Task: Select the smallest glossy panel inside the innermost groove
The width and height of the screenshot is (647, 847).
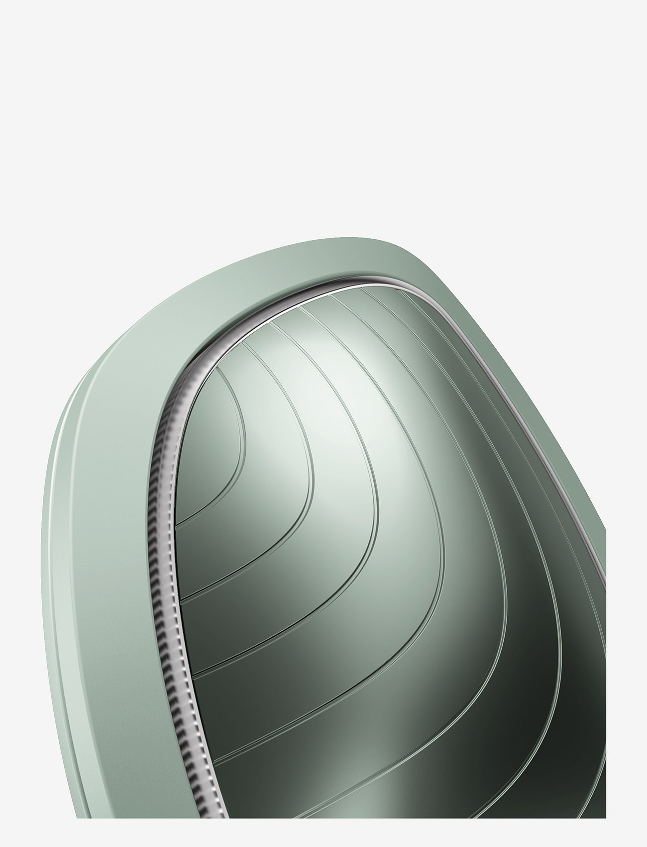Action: click(209, 448)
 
